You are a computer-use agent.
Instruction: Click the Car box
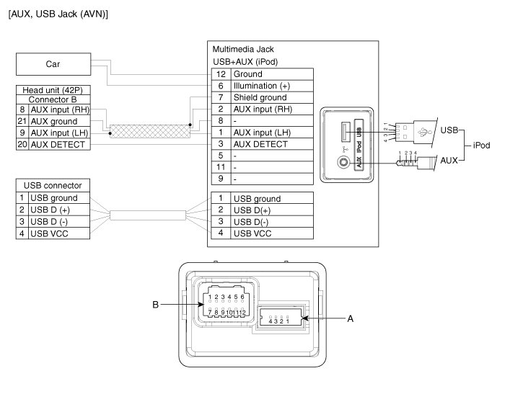pyautogui.click(x=53, y=64)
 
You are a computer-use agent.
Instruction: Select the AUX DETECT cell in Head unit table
pyautogui.click(x=58, y=145)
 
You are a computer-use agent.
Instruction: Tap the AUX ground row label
pyautogui.click(x=54, y=121)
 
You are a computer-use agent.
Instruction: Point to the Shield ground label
pyautogui.click(x=260, y=97)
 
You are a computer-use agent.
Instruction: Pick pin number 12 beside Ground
pyautogui.click(x=221, y=74)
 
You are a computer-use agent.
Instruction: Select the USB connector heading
pyautogui.click(x=53, y=186)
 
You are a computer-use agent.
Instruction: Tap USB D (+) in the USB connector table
pyautogui.click(x=50, y=210)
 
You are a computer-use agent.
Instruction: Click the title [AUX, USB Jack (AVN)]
pyautogui.click(x=58, y=14)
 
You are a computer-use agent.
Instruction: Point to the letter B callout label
pyautogui.click(x=156, y=305)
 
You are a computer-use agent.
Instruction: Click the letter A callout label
pyautogui.click(x=351, y=318)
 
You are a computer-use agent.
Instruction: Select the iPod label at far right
pyautogui.click(x=481, y=146)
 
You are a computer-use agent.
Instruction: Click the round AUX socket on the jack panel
pyautogui.click(x=343, y=161)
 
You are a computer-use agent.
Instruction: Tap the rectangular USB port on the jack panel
pyautogui.click(x=346, y=132)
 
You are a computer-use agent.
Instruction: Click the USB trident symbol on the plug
pyautogui.click(x=424, y=132)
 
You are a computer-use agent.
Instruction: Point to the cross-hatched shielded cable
pyautogui.click(x=150, y=131)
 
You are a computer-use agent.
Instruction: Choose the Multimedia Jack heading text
pyautogui.click(x=243, y=49)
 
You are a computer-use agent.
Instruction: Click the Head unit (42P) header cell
pyautogui.click(x=53, y=90)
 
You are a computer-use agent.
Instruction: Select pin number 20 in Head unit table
pyautogui.click(x=22, y=144)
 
